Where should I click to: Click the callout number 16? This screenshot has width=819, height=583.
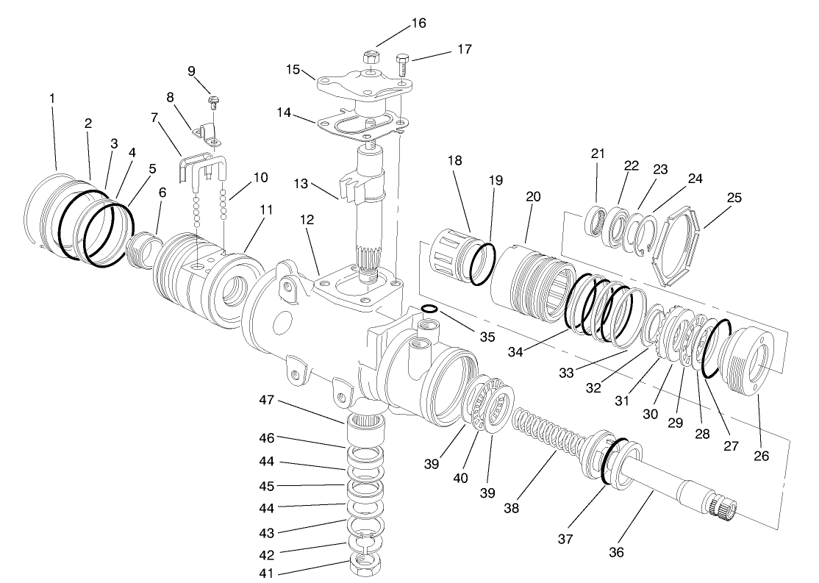coord(418,23)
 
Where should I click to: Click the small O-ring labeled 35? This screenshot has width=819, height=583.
coord(431,308)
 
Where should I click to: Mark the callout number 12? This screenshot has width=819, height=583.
coord(306,220)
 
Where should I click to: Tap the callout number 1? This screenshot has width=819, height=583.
coord(52,98)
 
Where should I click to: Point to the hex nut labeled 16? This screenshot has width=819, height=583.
coord(371,57)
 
